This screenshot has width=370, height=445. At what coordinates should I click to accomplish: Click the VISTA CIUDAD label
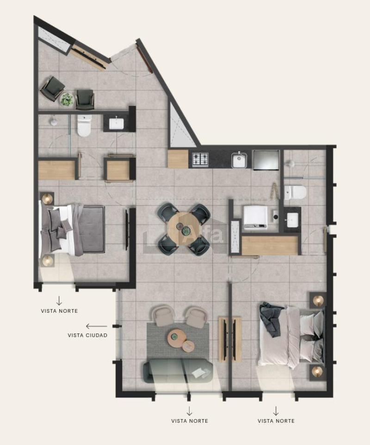click(x=87, y=335)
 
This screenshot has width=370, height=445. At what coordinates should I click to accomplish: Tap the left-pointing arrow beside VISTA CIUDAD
click(x=97, y=327)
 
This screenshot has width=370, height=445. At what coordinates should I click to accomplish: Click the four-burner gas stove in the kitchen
click(x=200, y=159)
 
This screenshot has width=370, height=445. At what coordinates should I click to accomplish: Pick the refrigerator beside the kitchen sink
click(x=266, y=160)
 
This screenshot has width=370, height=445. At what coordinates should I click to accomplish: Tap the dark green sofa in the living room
click(x=178, y=371)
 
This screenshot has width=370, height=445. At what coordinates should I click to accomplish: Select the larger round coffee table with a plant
click(x=176, y=338)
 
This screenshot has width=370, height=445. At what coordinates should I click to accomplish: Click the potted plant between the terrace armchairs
click(x=67, y=99)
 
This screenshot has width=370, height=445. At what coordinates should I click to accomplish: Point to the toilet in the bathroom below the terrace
click(x=84, y=125)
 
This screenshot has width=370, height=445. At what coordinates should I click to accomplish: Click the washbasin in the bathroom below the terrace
click(x=117, y=124)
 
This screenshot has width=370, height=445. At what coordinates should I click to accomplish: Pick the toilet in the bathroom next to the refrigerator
click(x=295, y=192)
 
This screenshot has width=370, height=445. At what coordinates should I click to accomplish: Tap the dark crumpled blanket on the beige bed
click(x=271, y=319)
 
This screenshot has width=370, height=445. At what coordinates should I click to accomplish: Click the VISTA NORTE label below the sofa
click(x=190, y=420)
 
